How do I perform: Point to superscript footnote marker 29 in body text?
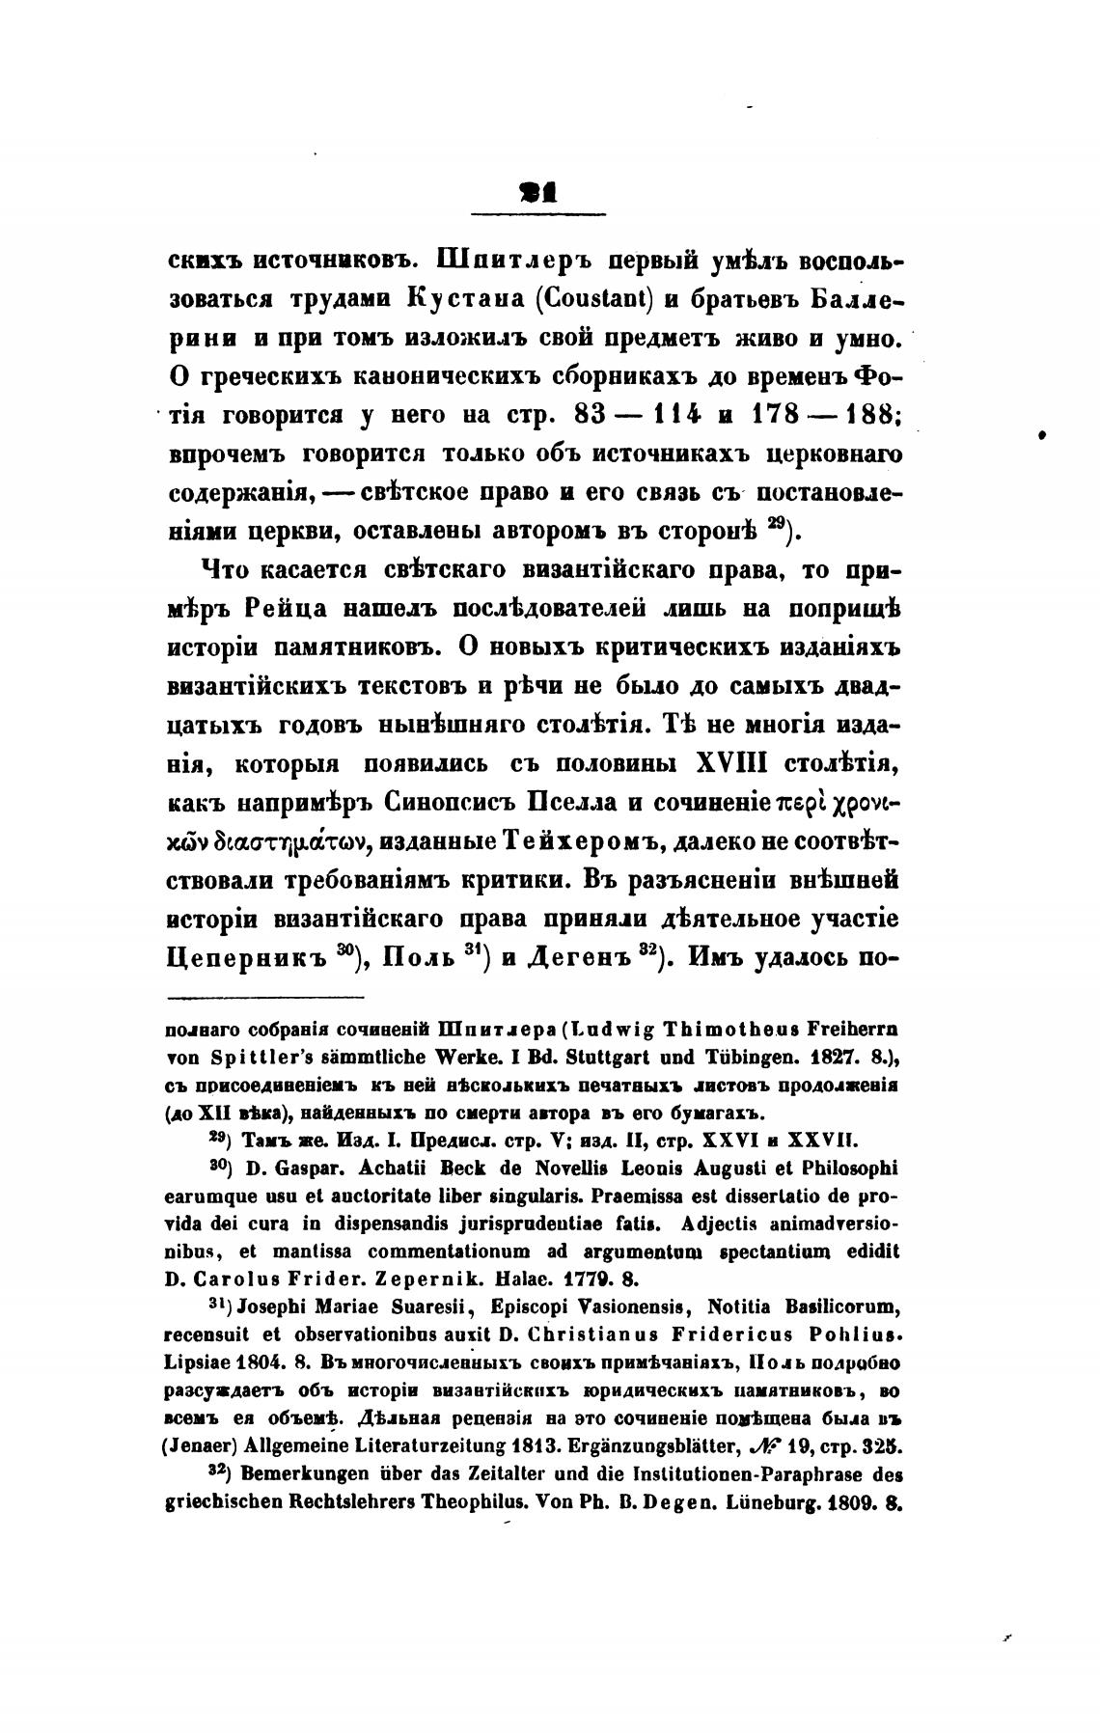(778, 524)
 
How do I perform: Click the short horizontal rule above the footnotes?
(266, 998)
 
